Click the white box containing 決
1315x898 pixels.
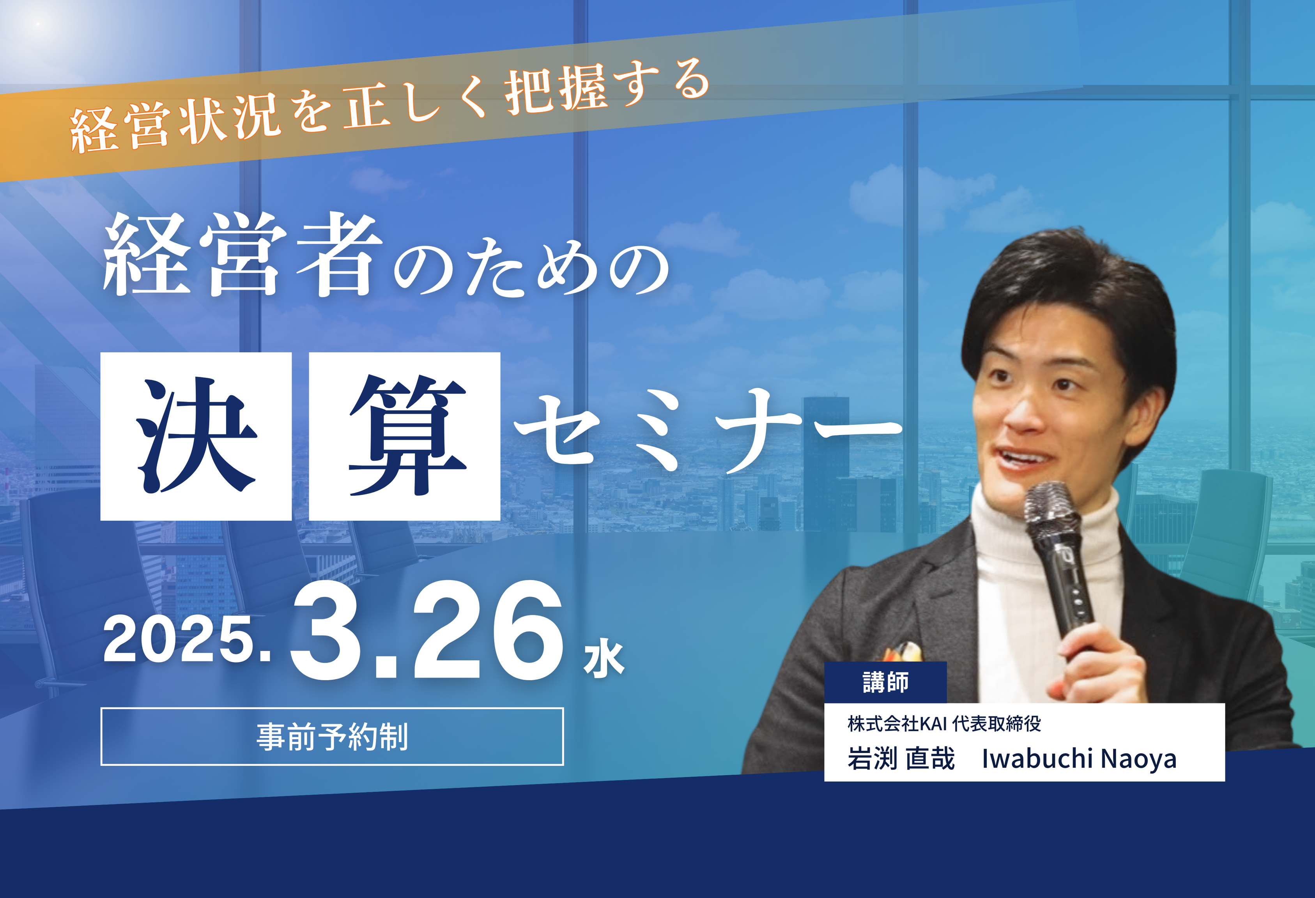tap(196, 436)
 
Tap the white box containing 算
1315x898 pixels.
tap(405, 436)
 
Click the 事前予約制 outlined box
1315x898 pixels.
tap(332, 736)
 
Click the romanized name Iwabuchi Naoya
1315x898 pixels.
tap(1079, 758)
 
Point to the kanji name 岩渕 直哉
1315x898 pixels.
tap(901, 758)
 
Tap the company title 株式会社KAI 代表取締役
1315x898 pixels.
tap(944, 723)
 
